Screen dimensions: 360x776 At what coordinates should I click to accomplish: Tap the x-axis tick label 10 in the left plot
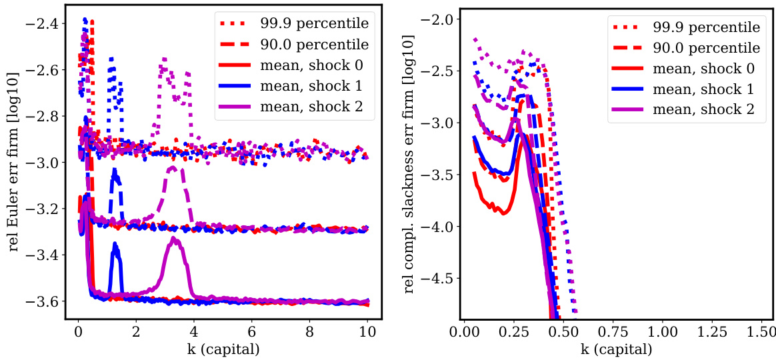point(367,331)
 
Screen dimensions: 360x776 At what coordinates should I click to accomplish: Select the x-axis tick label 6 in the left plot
point(251,331)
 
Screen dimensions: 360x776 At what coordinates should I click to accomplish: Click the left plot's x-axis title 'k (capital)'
point(223,349)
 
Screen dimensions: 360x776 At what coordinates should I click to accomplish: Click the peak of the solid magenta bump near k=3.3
point(174,238)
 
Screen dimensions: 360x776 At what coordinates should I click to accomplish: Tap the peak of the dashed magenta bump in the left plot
point(173,167)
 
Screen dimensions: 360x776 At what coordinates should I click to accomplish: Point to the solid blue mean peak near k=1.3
point(115,244)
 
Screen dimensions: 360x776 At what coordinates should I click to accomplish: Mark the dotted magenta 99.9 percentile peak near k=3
point(163,59)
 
